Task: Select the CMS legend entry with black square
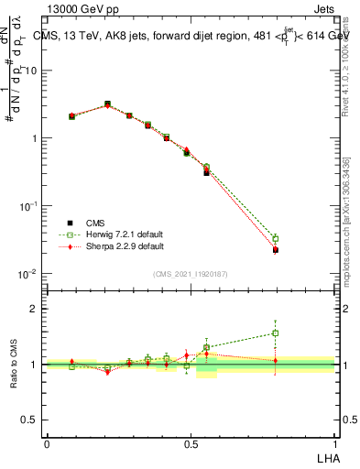[x=95, y=223]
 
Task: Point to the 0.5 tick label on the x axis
[x=190, y=442]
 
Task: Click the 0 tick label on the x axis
[x=47, y=442]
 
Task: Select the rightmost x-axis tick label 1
[x=335, y=442]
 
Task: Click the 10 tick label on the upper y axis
[x=32, y=71]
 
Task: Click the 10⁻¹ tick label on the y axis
[x=30, y=206]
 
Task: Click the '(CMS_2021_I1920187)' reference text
[x=191, y=274]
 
